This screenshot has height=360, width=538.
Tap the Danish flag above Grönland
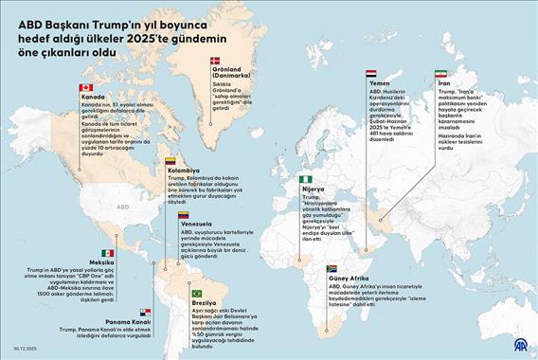(214, 60)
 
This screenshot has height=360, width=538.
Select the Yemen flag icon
(371, 73)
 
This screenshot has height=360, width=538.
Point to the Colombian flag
(170, 160)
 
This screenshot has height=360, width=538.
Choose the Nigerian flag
(305, 178)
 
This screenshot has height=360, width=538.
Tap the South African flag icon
(332, 269)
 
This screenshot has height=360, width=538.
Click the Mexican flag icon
(108, 253)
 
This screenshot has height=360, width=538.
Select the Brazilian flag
(197, 293)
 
